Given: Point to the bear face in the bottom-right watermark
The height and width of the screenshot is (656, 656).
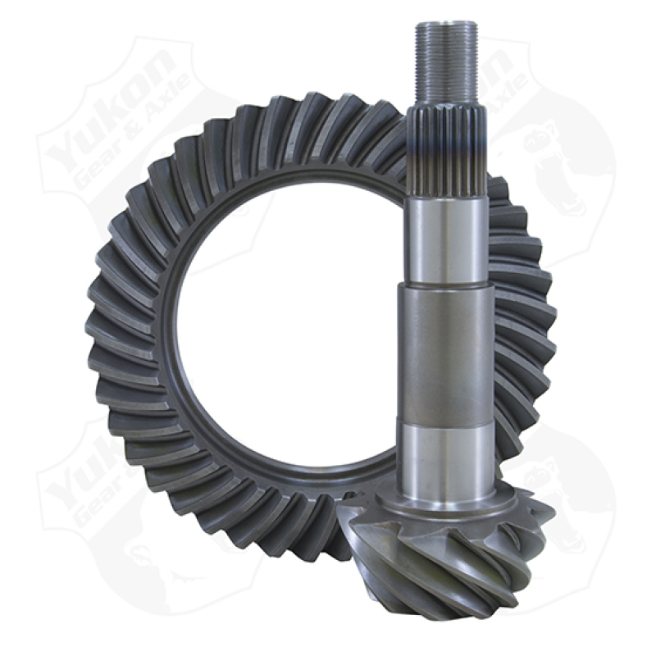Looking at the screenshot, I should [566, 508].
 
